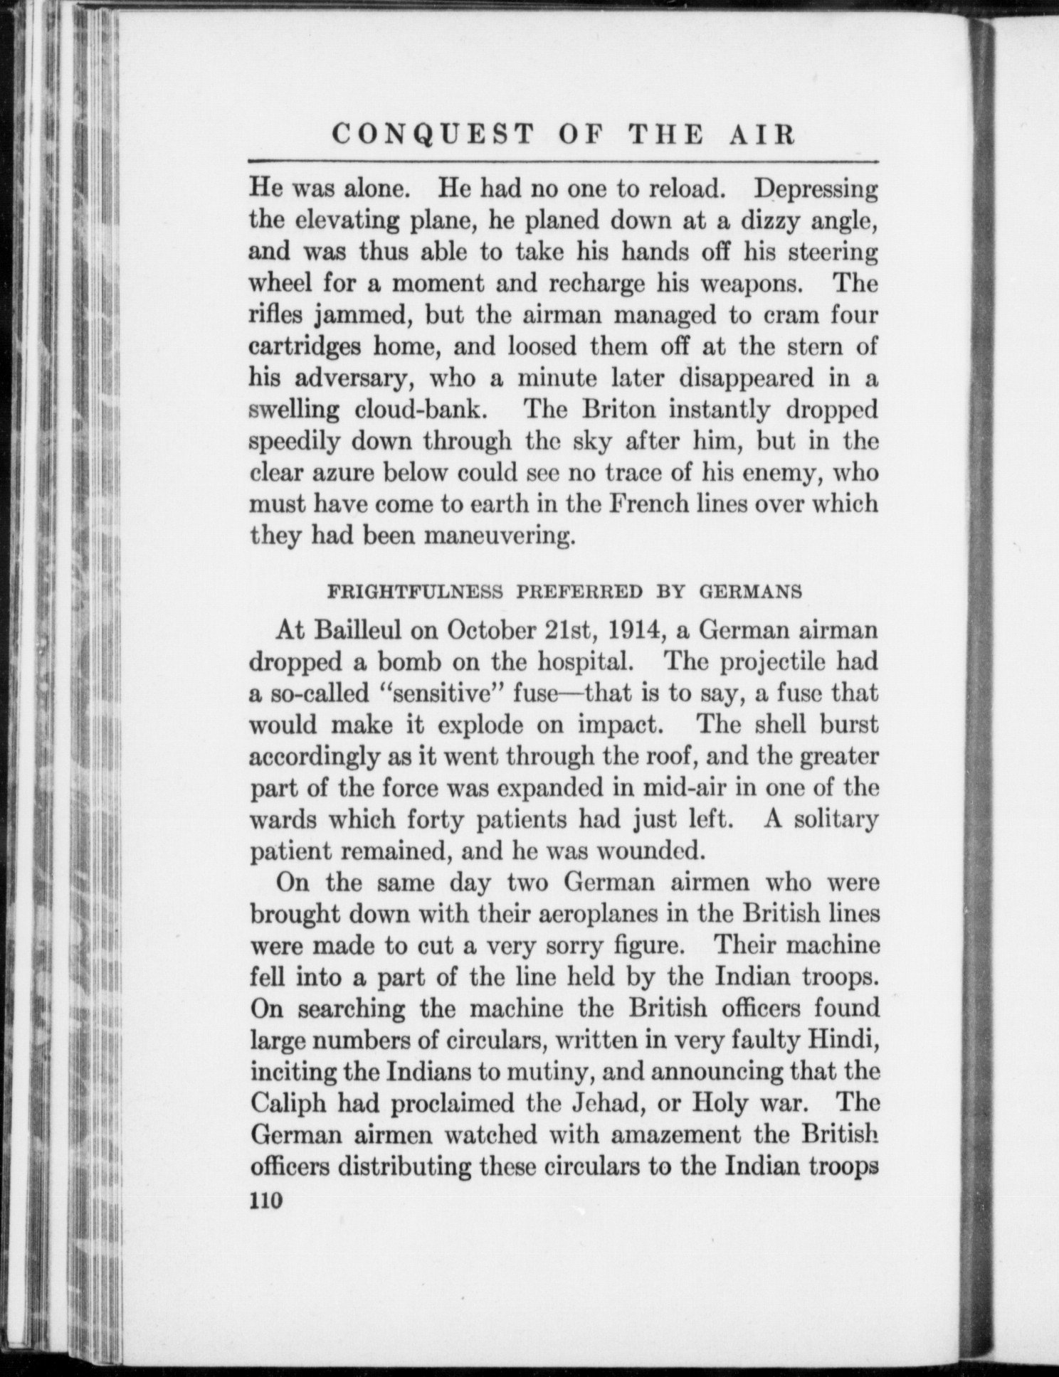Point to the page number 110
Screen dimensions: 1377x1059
click(x=267, y=1200)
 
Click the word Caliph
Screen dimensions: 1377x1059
click(x=288, y=1102)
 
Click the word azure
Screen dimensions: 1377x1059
click(x=344, y=473)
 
